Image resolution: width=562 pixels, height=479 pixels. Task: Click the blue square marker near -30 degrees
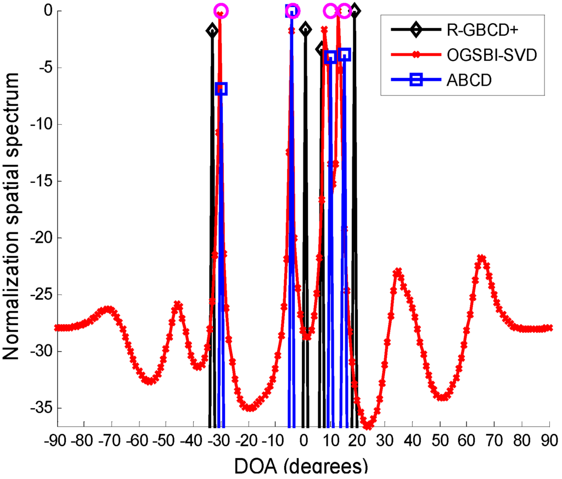coord(221,88)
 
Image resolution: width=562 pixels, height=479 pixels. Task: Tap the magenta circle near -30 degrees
coord(221,10)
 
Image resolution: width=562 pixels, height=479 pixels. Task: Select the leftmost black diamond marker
coord(212,30)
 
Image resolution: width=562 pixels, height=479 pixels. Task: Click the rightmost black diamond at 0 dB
coord(355,10)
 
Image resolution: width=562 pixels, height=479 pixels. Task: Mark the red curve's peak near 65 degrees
coord(482,258)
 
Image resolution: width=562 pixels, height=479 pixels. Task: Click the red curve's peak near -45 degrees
coord(178,304)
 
